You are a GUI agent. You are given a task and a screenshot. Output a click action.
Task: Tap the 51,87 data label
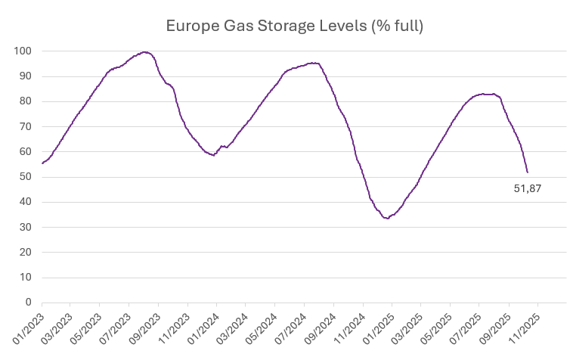coord(527,188)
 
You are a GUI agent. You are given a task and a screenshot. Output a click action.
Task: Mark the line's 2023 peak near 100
coord(145,52)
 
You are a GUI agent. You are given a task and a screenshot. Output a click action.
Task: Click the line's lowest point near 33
coord(386,218)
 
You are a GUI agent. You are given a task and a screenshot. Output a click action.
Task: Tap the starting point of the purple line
coord(42,163)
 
